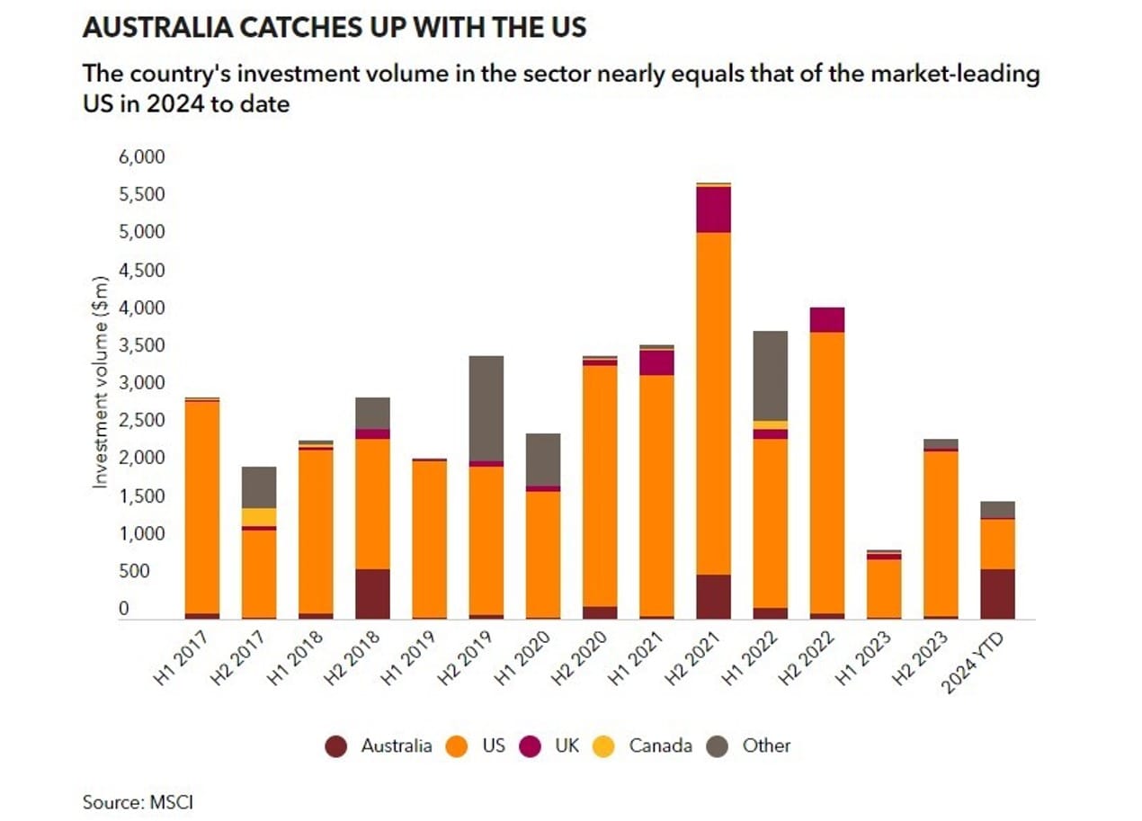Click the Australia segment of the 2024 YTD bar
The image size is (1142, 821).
tap(997, 593)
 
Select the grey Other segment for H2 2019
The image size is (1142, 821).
tap(486, 408)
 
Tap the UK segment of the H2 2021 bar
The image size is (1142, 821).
tap(714, 210)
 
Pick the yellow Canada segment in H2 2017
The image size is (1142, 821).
tap(259, 517)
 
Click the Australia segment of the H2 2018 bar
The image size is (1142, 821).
tap(373, 593)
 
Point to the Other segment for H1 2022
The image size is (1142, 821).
tap(770, 376)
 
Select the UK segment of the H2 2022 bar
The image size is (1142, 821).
tap(826, 319)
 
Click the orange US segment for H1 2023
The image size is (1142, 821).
tap(883, 588)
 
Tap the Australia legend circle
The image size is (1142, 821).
tap(336, 746)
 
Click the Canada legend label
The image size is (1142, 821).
tap(660, 745)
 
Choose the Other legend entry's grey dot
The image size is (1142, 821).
tap(718, 746)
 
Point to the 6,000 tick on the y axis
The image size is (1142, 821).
tap(142, 157)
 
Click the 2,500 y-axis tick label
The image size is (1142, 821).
tap(142, 421)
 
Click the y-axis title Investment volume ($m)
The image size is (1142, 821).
tap(101, 383)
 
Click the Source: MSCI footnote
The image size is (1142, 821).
tap(138, 801)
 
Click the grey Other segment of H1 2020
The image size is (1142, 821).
tap(543, 460)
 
